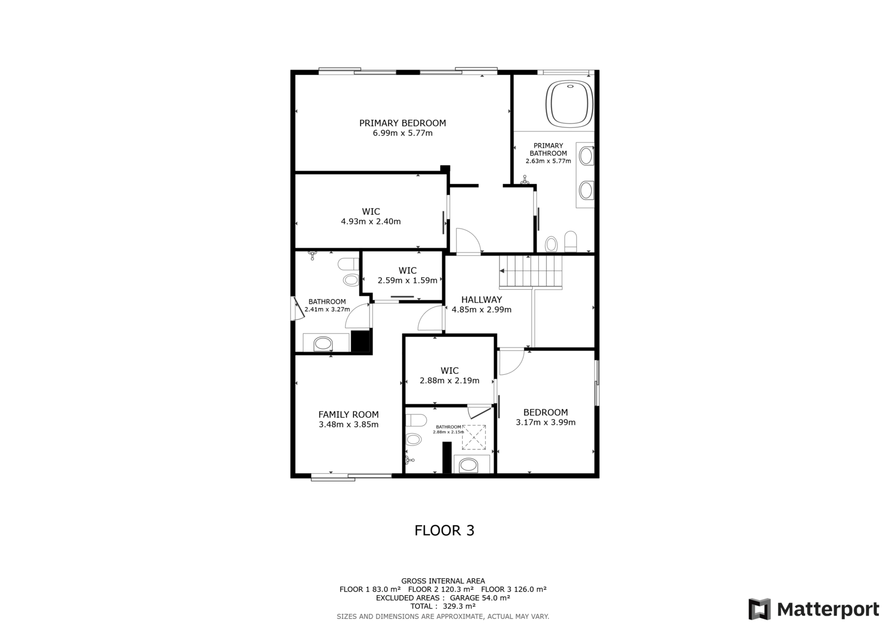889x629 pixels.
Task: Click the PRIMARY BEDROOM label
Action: [402, 123]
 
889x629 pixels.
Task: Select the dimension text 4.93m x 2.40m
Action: [371, 222]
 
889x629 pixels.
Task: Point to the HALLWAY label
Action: [481, 300]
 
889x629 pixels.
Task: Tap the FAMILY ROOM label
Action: [348, 414]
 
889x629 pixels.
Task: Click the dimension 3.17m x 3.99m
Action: [545, 422]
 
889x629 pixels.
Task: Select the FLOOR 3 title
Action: [444, 531]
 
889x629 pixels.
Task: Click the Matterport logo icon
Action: [760, 609]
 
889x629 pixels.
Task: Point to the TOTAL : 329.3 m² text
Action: [443, 606]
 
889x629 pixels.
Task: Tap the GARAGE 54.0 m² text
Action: [480, 598]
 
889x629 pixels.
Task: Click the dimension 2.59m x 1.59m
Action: [407, 280]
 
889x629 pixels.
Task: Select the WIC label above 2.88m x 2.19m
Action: [450, 371]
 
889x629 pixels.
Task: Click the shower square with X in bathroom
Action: [474, 437]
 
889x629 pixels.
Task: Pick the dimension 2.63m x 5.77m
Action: [548, 161]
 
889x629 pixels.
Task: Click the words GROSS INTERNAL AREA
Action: [443, 581]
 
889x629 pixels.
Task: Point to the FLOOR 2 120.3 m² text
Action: [441, 590]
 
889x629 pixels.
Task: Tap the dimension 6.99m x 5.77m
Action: [402, 133]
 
